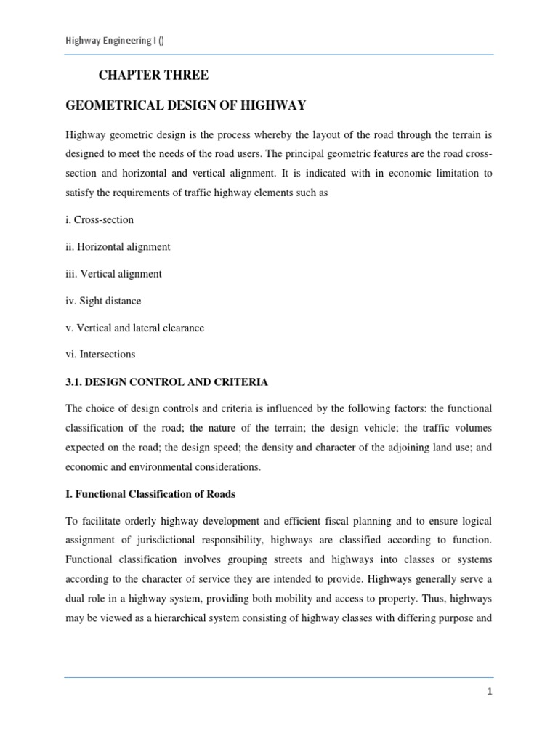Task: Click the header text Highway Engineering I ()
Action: pyautogui.click(x=114, y=41)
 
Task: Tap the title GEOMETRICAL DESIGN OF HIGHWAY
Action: pyautogui.click(x=185, y=106)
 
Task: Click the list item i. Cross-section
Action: pyautogui.click(x=100, y=219)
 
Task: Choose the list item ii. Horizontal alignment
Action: pyautogui.click(x=118, y=246)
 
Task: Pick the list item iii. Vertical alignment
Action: pyautogui.click(x=113, y=274)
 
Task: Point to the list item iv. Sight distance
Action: pyautogui.click(x=103, y=301)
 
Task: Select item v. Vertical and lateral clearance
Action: pyautogui.click(x=134, y=328)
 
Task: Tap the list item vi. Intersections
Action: pyautogui.click(x=100, y=355)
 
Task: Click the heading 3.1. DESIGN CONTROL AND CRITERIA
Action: pyautogui.click(x=166, y=381)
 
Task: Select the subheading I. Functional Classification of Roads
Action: pyautogui.click(x=150, y=494)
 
